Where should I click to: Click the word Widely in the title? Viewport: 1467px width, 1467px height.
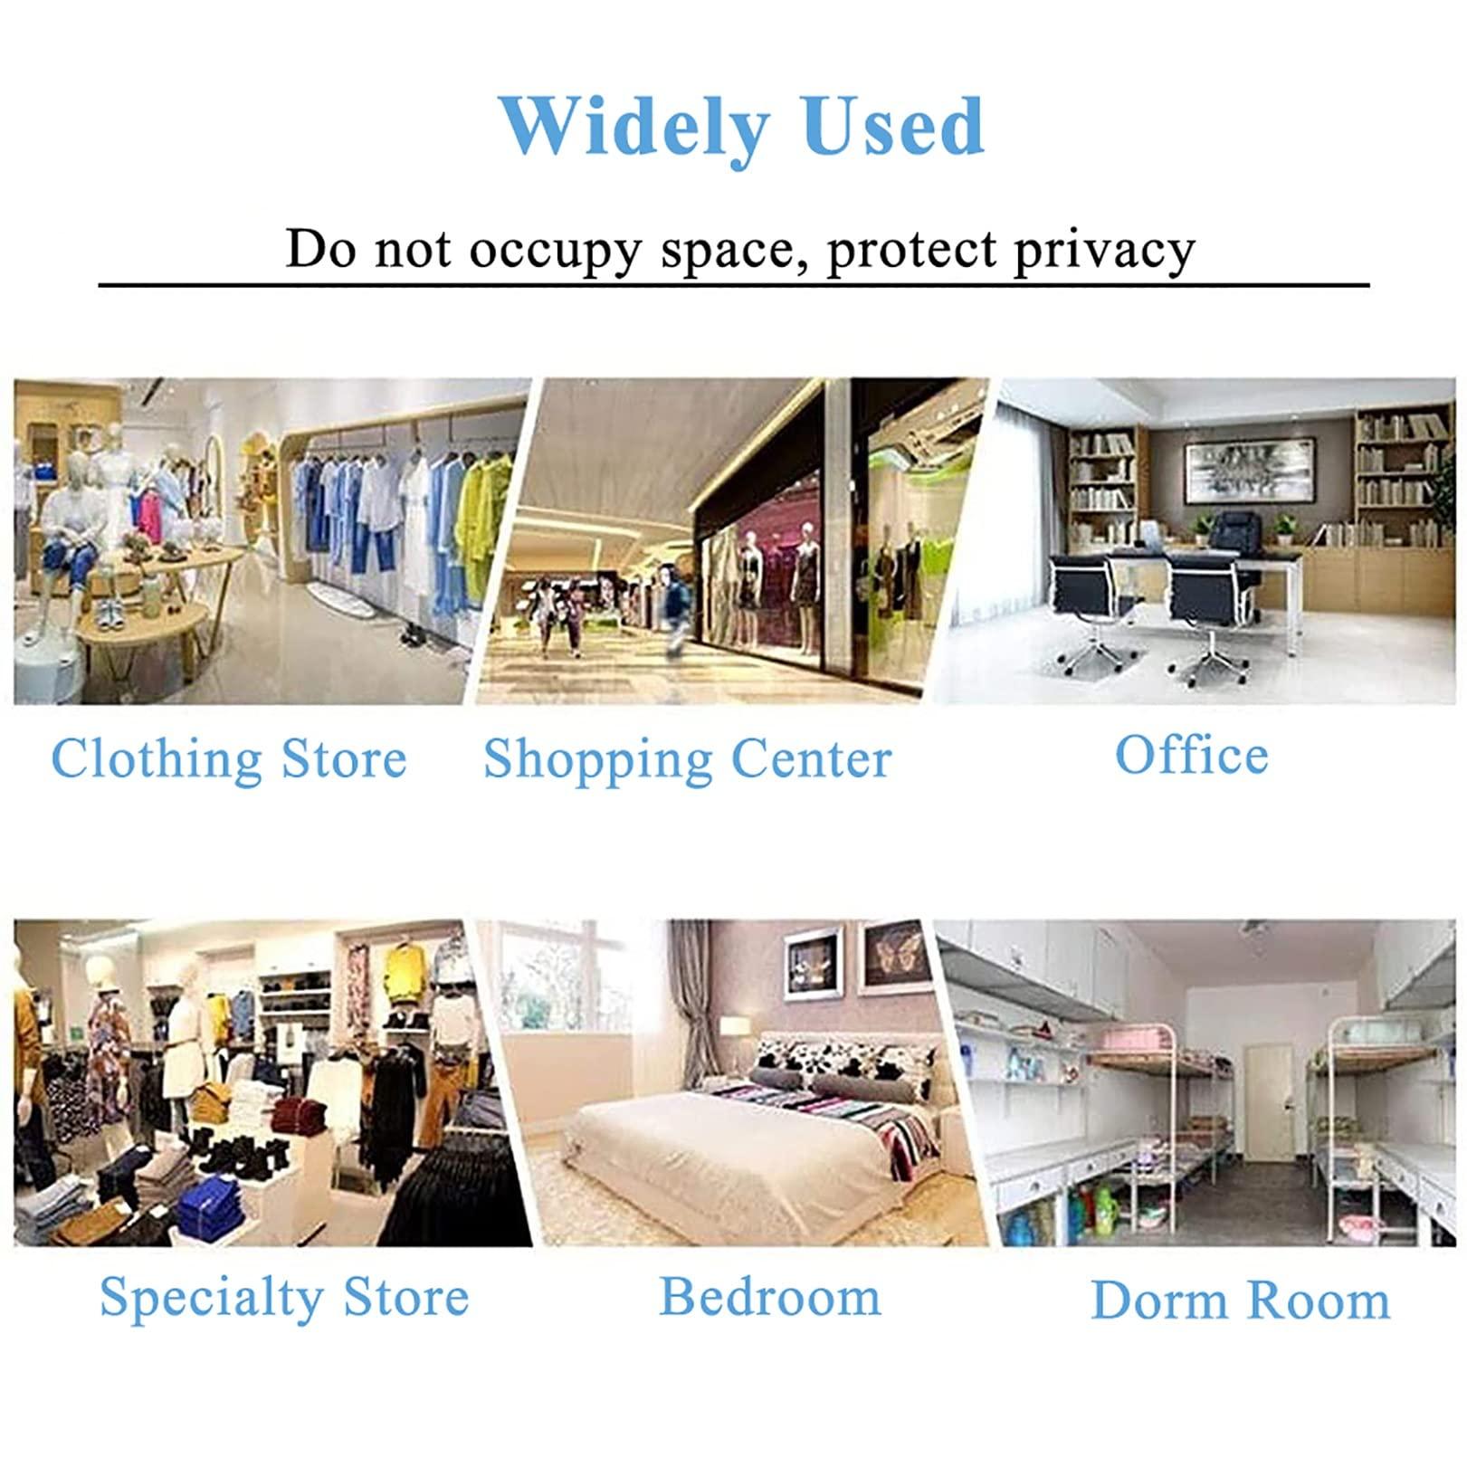pos(633,127)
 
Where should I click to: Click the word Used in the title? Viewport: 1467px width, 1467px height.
pos(891,127)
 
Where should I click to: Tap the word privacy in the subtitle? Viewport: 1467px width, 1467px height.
pos(1104,249)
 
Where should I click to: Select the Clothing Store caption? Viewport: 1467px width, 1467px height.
pos(228,758)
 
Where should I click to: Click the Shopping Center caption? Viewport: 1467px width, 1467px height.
pos(687,758)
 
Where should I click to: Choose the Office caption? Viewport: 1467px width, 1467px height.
pos(1191,755)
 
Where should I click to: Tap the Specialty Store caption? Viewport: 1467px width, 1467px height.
pos(284,1296)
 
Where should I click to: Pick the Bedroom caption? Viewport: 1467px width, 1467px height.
pos(769,1296)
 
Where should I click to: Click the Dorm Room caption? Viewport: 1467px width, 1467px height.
pos(1240,1300)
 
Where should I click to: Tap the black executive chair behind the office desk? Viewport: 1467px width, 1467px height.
pos(1235,534)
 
